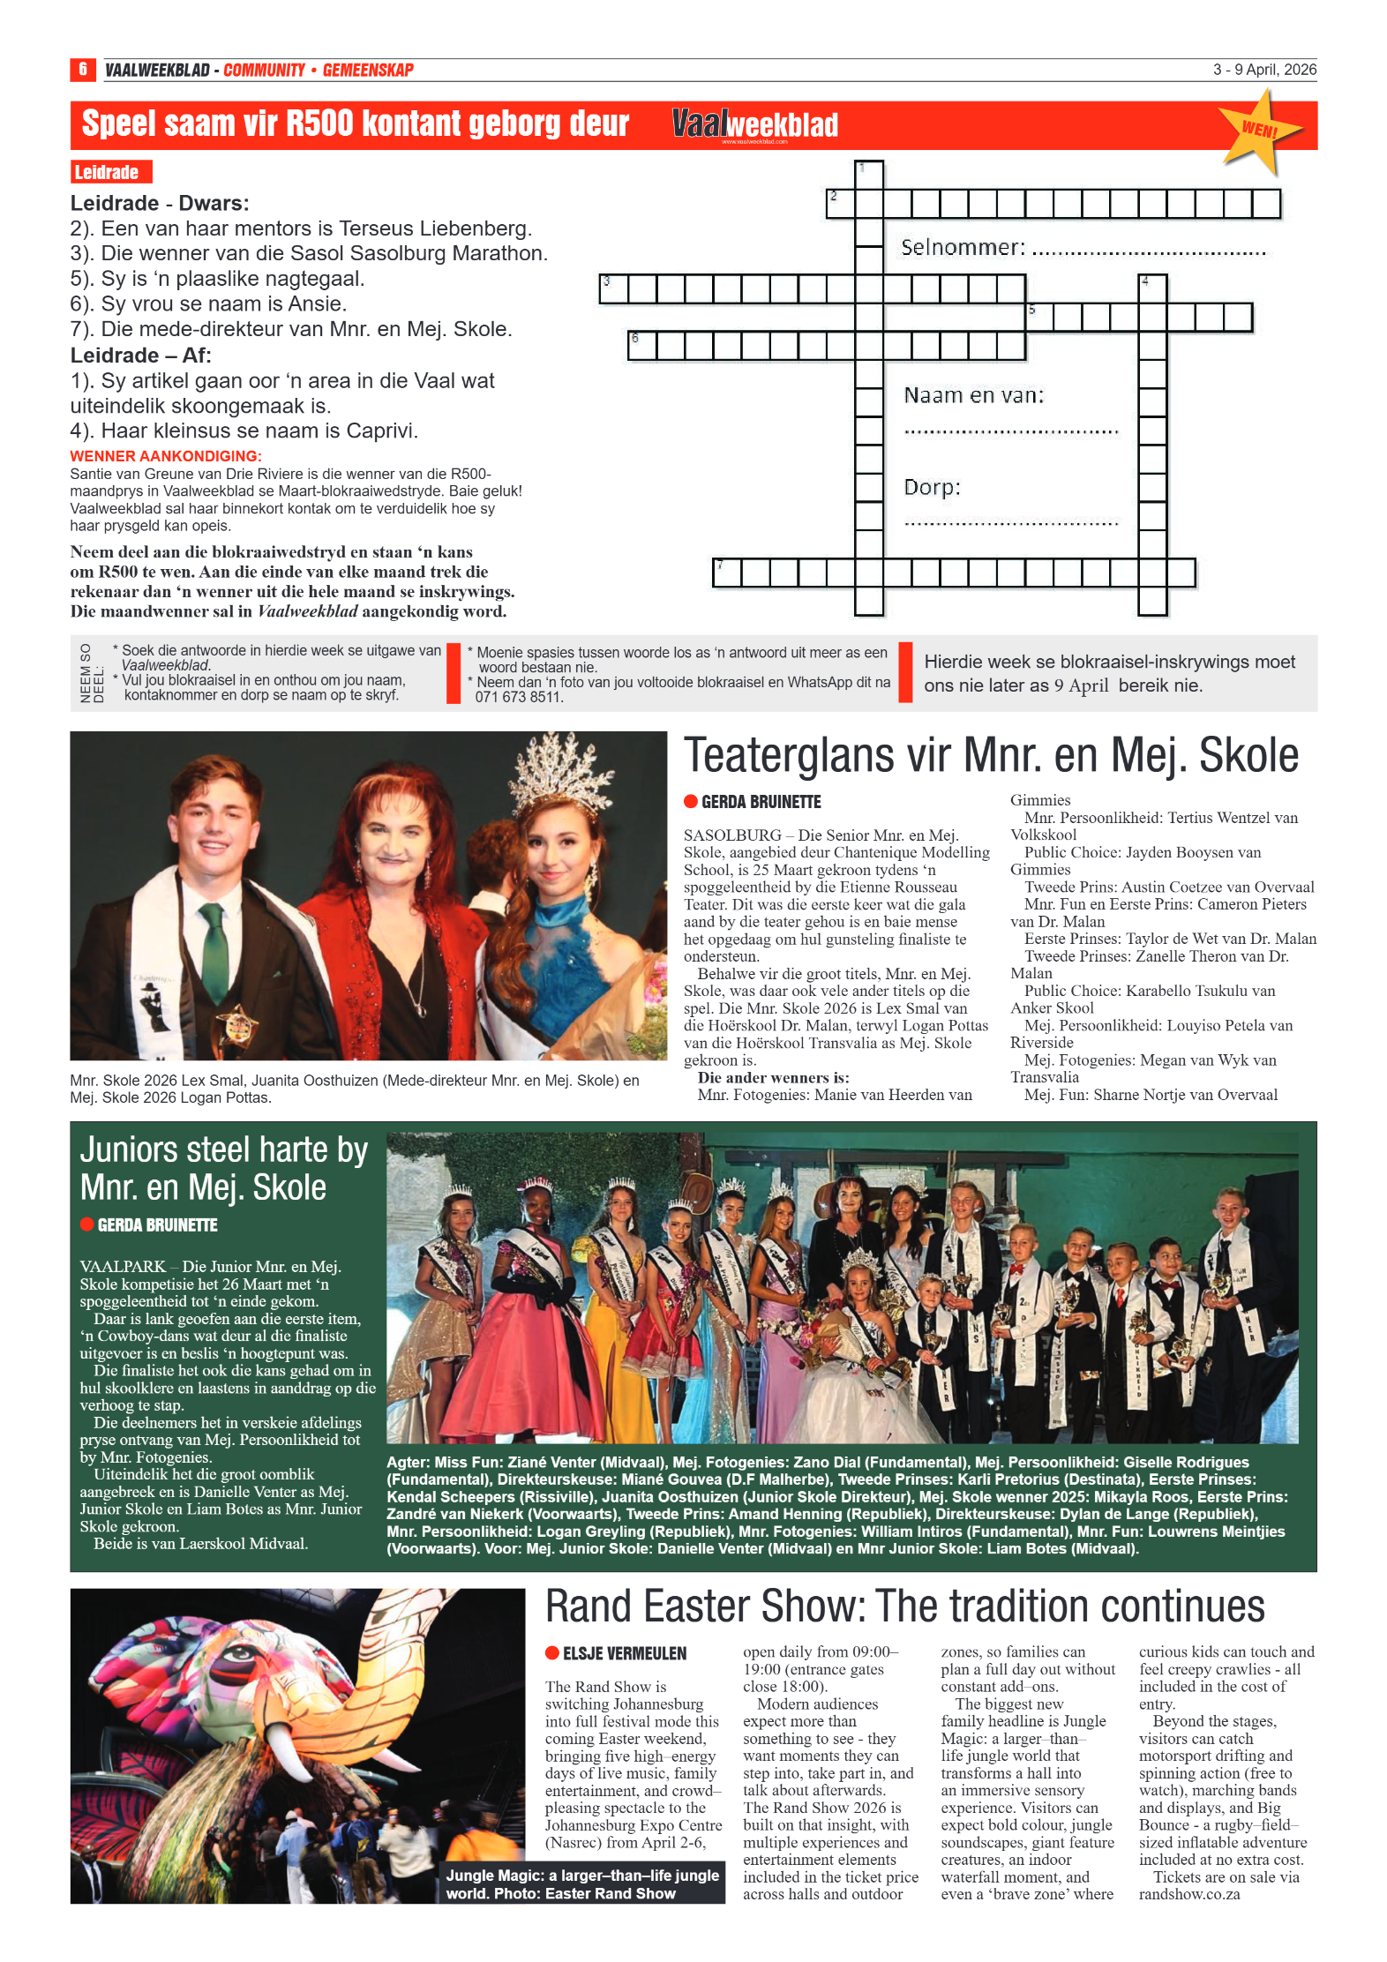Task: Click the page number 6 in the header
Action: coord(82,69)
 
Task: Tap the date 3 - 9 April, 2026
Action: coord(1263,70)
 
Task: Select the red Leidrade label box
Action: coord(110,172)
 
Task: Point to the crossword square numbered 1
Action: coord(869,174)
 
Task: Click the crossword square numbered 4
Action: coord(1151,288)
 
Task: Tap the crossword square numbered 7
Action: coord(726,573)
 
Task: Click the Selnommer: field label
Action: coord(963,248)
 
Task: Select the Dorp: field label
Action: coord(932,487)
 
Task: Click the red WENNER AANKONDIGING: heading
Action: coord(166,456)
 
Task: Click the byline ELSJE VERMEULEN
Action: coord(624,1653)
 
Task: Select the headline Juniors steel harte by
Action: coord(223,1150)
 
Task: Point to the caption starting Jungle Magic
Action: coord(581,1884)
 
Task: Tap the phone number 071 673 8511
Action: coord(518,697)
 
